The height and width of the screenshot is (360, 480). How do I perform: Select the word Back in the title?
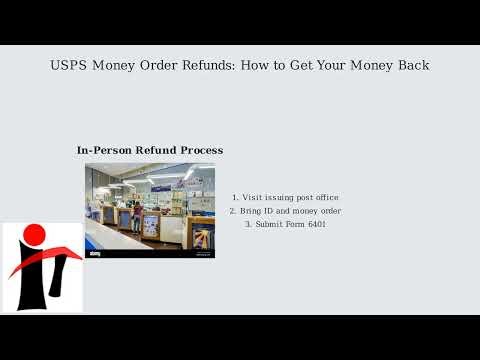coord(411,66)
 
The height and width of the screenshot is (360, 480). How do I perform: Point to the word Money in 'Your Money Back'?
coord(366,66)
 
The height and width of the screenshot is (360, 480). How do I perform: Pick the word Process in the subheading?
coord(198,150)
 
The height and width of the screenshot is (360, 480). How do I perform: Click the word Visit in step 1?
coord(252,198)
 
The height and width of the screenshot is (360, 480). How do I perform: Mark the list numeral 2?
coord(232,211)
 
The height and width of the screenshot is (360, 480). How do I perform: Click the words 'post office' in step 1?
coord(317,198)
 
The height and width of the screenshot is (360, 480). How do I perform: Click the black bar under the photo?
coord(150,254)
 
